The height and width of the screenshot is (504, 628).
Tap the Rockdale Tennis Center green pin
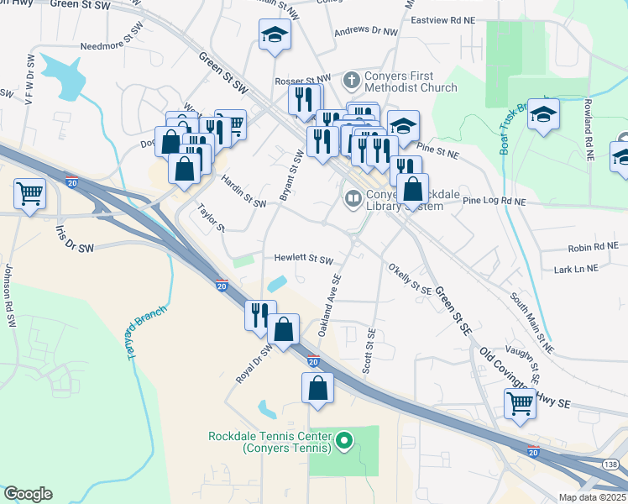pyautogui.click(x=343, y=439)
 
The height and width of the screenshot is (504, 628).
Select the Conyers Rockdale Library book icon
pyautogui.click(x=353, y=199)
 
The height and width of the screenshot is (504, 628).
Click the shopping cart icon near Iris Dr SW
pyautogui.click(x=29, y=194)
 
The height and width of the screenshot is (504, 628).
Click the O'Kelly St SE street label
pyautogui.click(x=410, y=279)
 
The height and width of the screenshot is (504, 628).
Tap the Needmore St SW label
pyautogui.click(x=113, y=48)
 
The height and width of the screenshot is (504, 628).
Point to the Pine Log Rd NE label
pyautogui.click(x=494, y=202)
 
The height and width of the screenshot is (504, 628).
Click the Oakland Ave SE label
pyautogui.click(x=329, y=307)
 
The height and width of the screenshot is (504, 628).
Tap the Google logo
pyautogui.click(x=28, y=494)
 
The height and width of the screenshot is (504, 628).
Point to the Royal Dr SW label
pyautogui.click(x=254, y=363)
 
